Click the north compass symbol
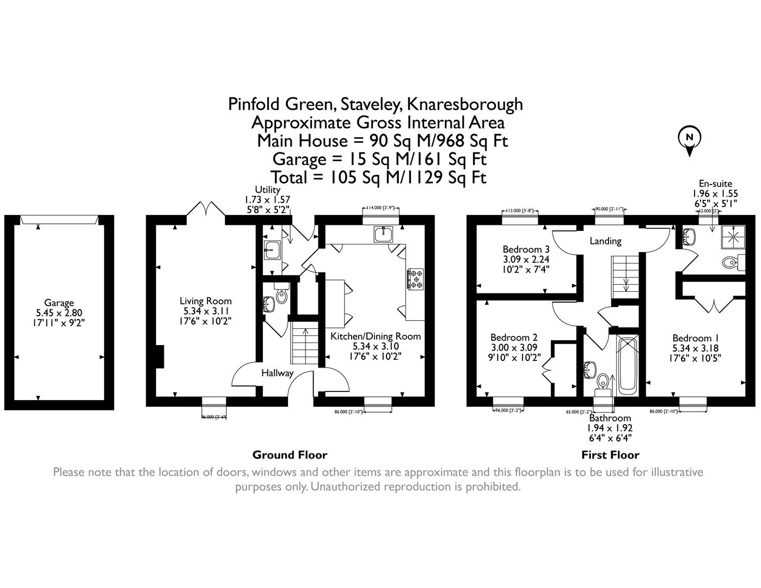pos(690,138)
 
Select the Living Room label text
pos(206,301)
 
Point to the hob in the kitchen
pos(416,278)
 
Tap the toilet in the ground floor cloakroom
pos(281,295)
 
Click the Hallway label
pos(277,373)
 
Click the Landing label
pos(605,241)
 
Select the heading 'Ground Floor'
pos(290,455)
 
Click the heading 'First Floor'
pos(610,455)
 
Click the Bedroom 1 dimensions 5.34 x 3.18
pos(691,348)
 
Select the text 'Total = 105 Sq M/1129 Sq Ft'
pos(378,177)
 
